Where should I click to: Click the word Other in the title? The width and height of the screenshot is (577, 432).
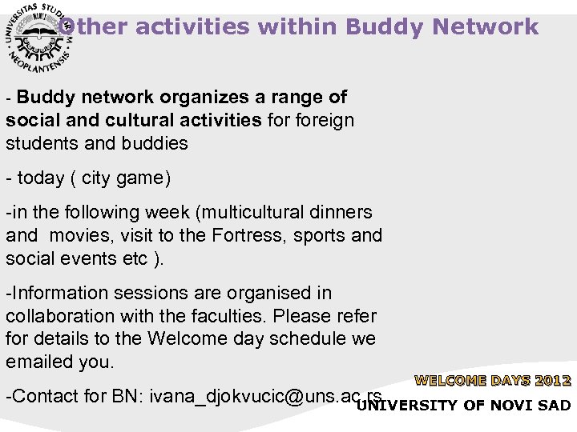95,26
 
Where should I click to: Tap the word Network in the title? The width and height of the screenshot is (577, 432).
488,26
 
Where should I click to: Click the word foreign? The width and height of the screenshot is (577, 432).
325,121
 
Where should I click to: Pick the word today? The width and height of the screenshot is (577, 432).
42,178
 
